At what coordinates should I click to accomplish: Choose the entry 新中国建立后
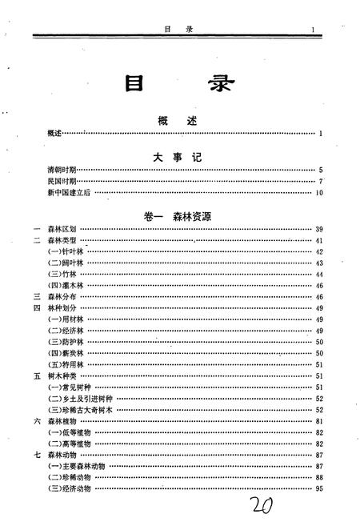(x=67, y=192)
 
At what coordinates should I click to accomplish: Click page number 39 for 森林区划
(x=318, y=229)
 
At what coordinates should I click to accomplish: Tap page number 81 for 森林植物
(x=318, y=420)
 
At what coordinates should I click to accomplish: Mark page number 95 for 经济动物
(x=318, y=488)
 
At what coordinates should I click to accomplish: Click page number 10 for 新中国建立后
(x=318, y=192)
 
